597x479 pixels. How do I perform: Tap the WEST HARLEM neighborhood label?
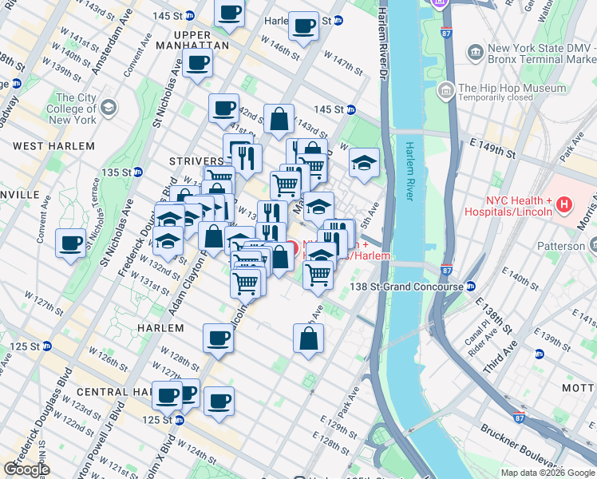53,146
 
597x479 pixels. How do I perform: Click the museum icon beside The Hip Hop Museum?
445,89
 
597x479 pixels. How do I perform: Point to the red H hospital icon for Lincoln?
565,205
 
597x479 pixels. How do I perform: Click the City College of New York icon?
109,107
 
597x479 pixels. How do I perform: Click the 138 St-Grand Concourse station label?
409,286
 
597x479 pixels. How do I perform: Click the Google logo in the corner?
26,469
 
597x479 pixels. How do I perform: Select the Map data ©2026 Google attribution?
548,473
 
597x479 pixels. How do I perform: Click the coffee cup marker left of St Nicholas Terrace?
70,243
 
